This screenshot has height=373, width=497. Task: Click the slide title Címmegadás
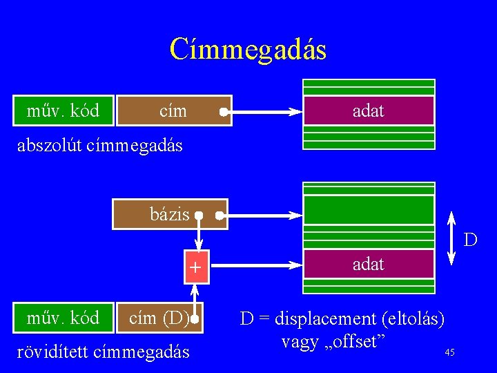pos(248,50)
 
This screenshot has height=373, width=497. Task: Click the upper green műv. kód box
pos(64,111)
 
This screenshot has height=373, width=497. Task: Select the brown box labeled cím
pos(173,111)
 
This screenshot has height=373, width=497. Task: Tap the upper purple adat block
pos(369,111)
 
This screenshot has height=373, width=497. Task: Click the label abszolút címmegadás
pos(99,146)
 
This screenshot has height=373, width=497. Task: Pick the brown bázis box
pos(170,214)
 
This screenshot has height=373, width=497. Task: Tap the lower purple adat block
pos(369,264)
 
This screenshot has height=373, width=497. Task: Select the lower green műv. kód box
pos(64,318)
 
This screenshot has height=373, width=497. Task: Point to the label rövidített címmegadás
pos(102,352)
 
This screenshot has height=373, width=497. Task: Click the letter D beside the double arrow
pos(470,240)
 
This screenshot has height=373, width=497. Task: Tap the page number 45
pos(449,352)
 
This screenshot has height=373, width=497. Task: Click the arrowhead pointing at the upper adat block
pos(295,111)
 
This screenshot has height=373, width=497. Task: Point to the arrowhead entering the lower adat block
pos(295,263)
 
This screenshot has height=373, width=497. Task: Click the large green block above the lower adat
pos(369,211)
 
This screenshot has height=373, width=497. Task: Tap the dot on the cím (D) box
pos(195,319)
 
